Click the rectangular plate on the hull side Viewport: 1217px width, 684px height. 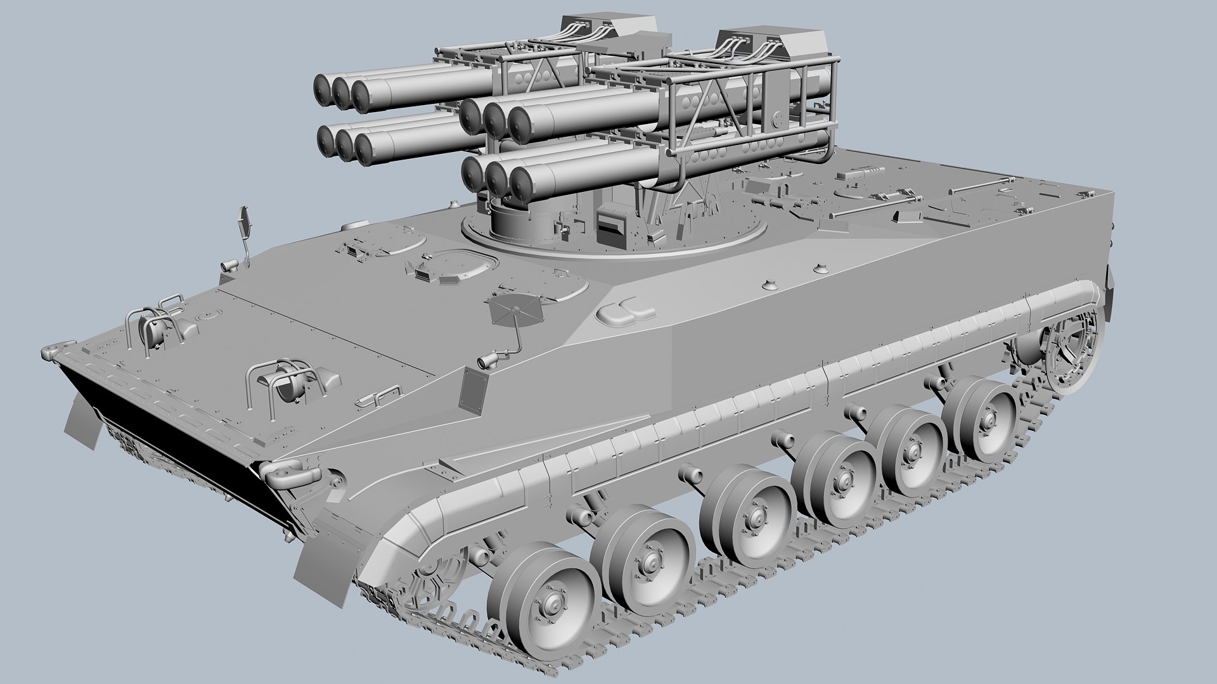click(473, 391)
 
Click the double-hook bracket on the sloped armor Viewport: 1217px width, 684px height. click(624, 310)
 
